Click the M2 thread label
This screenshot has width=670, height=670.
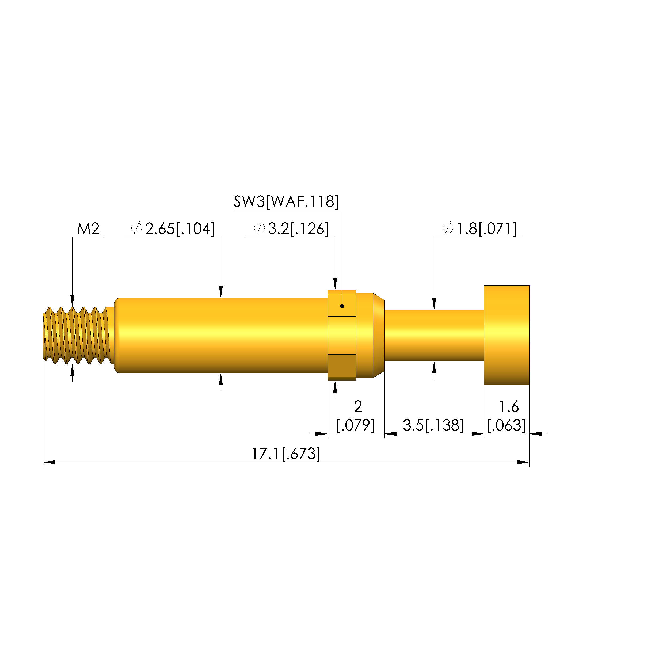tap(88, 229)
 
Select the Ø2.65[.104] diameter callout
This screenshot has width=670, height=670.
tap(173, 229)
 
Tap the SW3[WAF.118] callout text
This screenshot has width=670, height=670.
tap(286, 201)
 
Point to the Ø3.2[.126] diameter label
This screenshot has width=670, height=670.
tap(291, 229)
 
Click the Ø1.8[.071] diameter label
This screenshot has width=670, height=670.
tap(479, 229)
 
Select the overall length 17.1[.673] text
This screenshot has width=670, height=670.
tap(286, 454)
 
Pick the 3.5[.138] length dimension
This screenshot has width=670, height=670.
tap(433, 425)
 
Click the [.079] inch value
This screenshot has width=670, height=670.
tap(356, 425)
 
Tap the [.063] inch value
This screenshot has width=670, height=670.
tap(506, 425)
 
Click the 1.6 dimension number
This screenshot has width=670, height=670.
tap(509, 406)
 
